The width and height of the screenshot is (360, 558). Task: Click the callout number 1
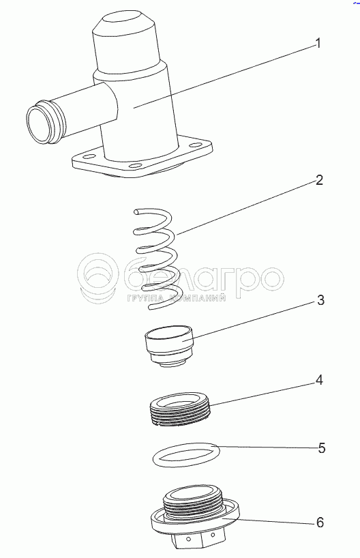click(318, 44)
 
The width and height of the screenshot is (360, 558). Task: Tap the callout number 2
click(319, 180)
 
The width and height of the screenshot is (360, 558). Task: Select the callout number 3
click(320, 300)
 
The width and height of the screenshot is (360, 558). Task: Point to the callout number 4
click(319, 380)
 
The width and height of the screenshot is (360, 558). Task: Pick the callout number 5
click(321, 448)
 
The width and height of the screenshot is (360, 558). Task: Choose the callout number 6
click(320, 523)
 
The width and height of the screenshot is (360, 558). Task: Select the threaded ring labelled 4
click(181, 409)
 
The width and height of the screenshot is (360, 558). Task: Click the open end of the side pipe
click(38, 126)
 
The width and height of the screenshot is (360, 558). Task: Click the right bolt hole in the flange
click(194, 145)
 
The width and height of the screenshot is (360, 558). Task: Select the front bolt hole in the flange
click(134, 166)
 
